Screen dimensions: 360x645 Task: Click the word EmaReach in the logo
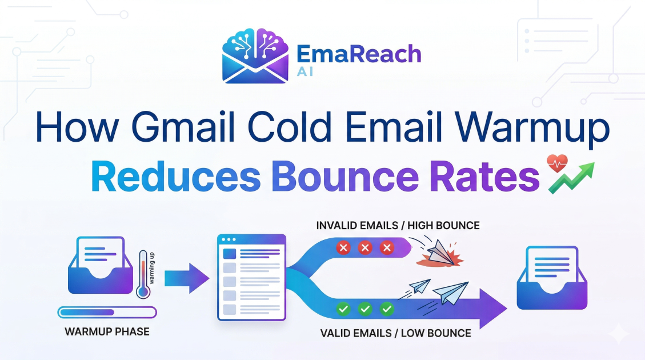pyautogui.click(x=359, y=55)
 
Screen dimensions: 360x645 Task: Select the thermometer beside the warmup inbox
pyautogui.click(x=143, y=274)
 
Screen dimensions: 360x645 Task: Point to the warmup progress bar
pyautogui.click(x=107, y=313)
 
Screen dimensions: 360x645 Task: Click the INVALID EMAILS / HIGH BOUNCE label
pyautogui.click(x=398, y=226)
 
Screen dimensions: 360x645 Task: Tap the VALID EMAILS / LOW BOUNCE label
pyautogui.click(x=395, y=333)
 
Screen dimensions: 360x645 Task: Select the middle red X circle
pyautogui.click(x=365, y=248)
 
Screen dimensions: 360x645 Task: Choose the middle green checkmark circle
pyautogui.click(x=365, y=310)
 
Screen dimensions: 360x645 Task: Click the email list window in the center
pyautogui.click(x=251, y=276)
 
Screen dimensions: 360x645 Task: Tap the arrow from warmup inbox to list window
pyautogui.click(x=186, y=278)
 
